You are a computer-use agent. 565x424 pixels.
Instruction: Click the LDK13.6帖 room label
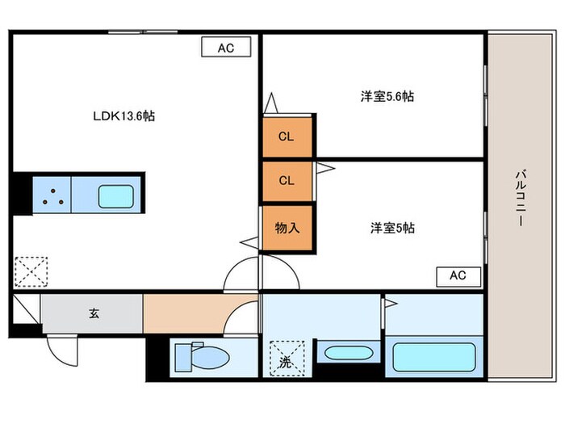(123, 116)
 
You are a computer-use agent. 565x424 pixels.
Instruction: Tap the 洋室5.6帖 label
(387, 96)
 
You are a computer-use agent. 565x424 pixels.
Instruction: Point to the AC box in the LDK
(225, 48)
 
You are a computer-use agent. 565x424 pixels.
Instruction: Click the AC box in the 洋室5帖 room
(458, 275)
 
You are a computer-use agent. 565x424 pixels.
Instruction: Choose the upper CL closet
(286, 136)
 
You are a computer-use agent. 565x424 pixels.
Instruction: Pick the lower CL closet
(286, 181)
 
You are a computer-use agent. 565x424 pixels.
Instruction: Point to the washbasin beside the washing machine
(345, 354)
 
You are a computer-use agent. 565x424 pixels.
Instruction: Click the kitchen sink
(116, 196)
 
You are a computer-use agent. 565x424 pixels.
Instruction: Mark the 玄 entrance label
(93, 313)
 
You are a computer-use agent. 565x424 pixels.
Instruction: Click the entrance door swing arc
(61, 350)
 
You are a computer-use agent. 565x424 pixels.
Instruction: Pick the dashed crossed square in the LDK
(31, 271)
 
